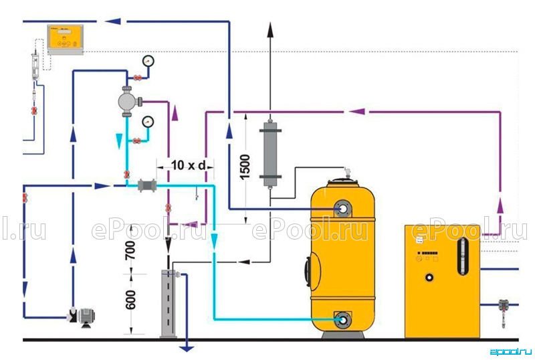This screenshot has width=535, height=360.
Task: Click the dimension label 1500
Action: coord(245,167)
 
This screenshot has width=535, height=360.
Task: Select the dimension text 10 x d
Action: coord(188,165)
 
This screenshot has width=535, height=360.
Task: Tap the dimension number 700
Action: coord(130,250)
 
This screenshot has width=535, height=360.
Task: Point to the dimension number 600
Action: coord(130,300)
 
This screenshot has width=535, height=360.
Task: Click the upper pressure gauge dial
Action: coord(148,61)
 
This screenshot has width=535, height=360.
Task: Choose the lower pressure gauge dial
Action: coord(148,122)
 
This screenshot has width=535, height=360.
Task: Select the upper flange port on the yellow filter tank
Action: coord(342,209)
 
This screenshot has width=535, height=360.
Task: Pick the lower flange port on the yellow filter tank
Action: coord(342,320)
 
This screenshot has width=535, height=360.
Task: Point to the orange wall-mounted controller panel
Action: coord(65,39)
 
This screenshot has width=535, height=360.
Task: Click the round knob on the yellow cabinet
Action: coord(429,277)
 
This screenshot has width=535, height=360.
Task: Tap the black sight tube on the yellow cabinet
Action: coord(462,256)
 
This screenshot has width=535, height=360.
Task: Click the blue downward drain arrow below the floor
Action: coord(187,349)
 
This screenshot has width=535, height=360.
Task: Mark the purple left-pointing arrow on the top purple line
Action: coord(357,111)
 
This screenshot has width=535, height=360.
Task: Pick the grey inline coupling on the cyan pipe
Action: coord(147,185)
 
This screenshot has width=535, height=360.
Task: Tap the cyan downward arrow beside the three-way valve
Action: coord(119,141)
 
